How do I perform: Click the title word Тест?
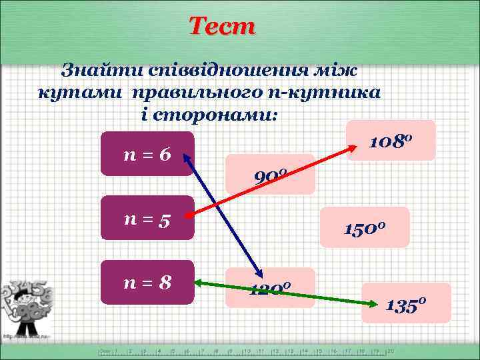tap(222, 27)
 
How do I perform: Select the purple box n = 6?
tap(147, 154)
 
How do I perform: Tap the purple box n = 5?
tap(147, 217)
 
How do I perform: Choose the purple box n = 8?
tap(147, 282)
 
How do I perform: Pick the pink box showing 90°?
tap(270, 175)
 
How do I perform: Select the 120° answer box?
tap(269, 287)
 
